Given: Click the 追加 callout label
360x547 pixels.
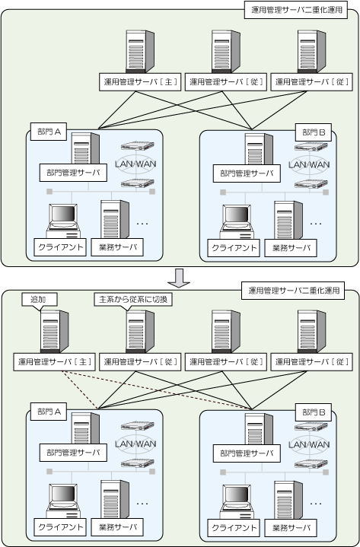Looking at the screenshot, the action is point(40,300).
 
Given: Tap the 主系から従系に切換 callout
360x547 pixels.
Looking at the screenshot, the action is point(133,300).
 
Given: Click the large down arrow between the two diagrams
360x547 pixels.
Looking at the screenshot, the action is point(178,278).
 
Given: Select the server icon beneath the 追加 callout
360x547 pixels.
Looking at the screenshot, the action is point(55,332).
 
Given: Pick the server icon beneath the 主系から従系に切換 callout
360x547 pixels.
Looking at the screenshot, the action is point(140,332).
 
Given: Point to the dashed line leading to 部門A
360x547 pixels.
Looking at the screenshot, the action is point(80,390).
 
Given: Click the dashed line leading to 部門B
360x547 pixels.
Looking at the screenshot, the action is point(157,390).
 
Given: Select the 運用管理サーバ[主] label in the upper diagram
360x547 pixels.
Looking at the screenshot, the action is point(140,82).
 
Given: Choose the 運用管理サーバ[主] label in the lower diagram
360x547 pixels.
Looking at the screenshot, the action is point(55,362).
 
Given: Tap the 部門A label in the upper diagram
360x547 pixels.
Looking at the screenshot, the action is point(49,132).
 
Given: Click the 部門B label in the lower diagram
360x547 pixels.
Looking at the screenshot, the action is point(314,412).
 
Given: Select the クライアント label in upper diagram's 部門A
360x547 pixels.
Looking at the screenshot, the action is point(60,247).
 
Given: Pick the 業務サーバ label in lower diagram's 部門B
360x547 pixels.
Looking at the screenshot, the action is point(291,528).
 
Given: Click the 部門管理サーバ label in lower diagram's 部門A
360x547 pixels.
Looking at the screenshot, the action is point(73,453).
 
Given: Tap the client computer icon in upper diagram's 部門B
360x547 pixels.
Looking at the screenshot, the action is point(237,222).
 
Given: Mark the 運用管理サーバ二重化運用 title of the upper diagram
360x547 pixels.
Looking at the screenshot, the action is point(296,10).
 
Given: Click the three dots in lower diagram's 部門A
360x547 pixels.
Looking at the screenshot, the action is point(142,504).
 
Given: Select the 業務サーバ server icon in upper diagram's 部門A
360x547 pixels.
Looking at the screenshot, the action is point(115,219).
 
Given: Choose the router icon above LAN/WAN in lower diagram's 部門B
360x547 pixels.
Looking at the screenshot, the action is point(311,426).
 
